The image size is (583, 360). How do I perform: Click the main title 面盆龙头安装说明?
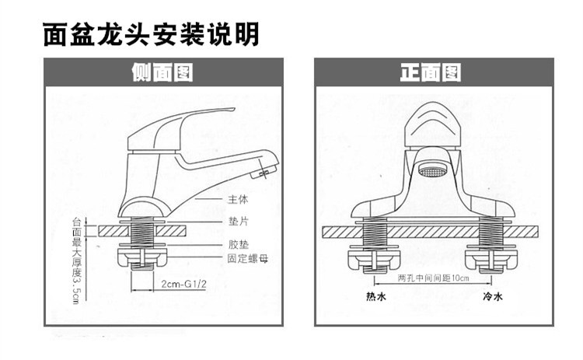point(150,34)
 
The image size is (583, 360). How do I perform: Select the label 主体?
point(237,200)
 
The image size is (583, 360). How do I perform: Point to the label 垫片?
point(237,222)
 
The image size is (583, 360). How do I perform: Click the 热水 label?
point(375,297)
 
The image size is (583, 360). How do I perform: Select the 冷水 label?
point(492,297)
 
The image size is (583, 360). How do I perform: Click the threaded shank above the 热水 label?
point(375,233)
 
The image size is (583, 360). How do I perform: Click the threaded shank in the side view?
point(144,232)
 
